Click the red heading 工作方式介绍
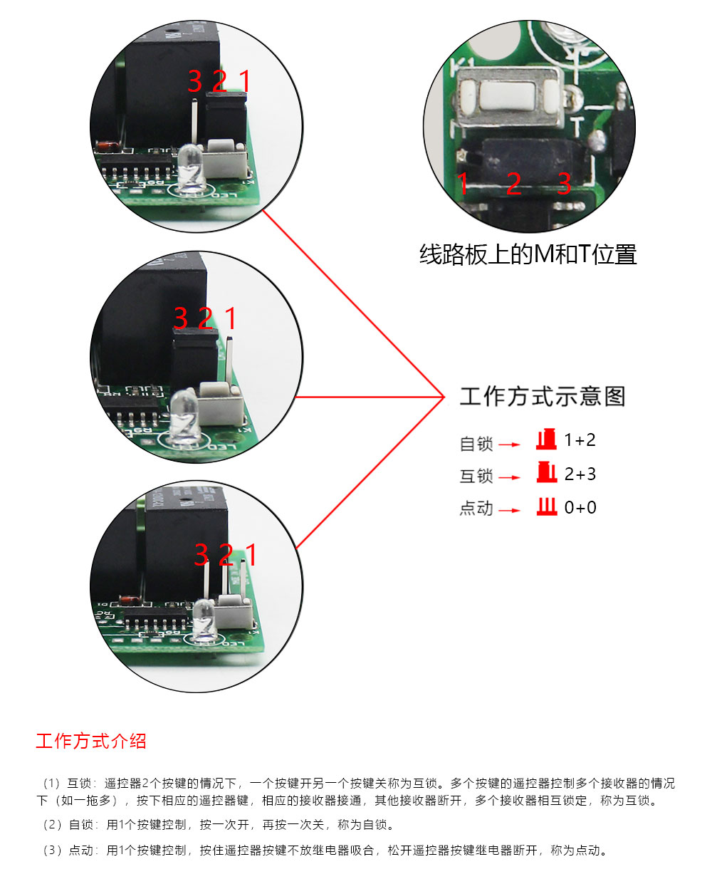click(x=91, y=741)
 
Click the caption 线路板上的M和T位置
click(x=528, y=254)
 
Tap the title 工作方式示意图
click(x=543, y=396)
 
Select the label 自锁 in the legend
click(x=476, y=444)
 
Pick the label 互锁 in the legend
click(x=476, y=477)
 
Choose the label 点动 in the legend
click(x=476, y=509)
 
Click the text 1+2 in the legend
click(x=580, y=440)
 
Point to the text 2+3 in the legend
click(x=580, y=474)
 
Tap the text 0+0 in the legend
click(x=580, y=508)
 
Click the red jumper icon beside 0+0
click(x=547, y=506)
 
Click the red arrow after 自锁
click(x=510, y=444)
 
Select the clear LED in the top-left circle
click(x=192, y=167)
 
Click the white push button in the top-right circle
click(x=508, y=98)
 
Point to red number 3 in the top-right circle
click(x=564, y=184)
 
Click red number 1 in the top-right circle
click(x=464, y=184)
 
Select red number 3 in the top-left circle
click(x=195, y=81)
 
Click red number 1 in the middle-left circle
click(x=231, y=318)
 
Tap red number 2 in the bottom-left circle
click(x=226, y=554)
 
